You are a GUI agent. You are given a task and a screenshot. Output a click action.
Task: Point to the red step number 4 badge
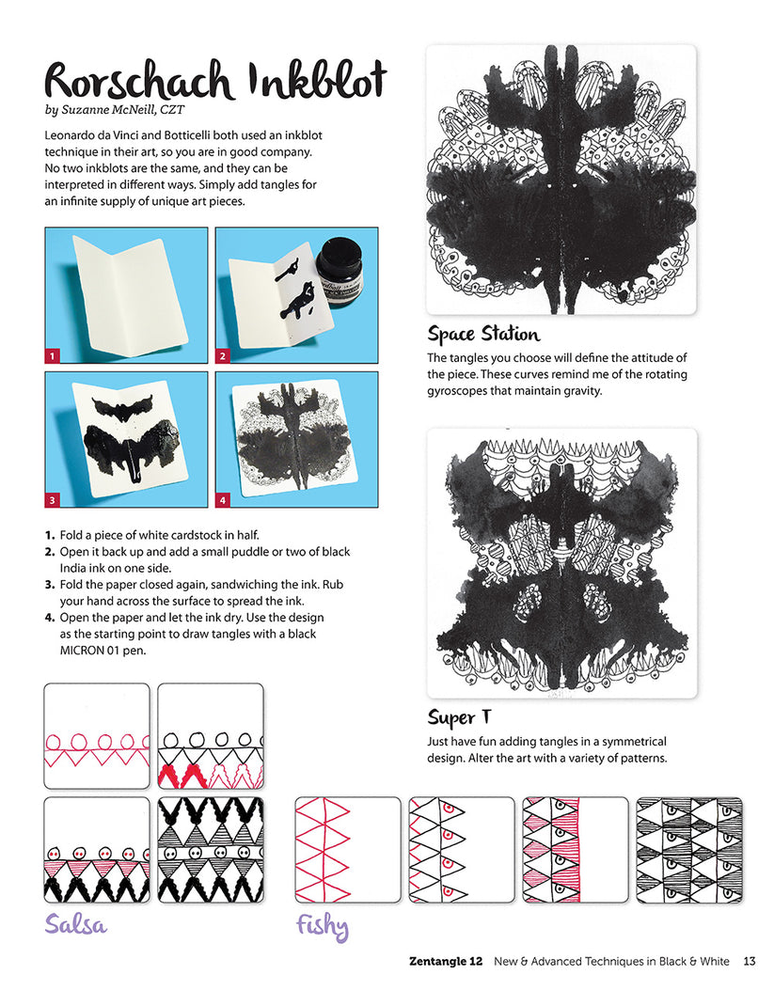224,498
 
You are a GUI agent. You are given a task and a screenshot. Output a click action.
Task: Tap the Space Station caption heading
483,334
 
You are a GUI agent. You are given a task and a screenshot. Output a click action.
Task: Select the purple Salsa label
76,923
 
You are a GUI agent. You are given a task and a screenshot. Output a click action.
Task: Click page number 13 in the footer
750,961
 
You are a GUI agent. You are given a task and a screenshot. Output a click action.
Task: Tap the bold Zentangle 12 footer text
446,961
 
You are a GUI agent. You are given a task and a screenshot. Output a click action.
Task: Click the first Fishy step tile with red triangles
348,850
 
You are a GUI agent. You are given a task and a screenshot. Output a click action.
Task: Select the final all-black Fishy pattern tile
689,850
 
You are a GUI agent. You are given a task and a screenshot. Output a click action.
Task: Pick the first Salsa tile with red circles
97,735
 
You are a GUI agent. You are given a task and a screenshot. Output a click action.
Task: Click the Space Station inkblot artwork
561,180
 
